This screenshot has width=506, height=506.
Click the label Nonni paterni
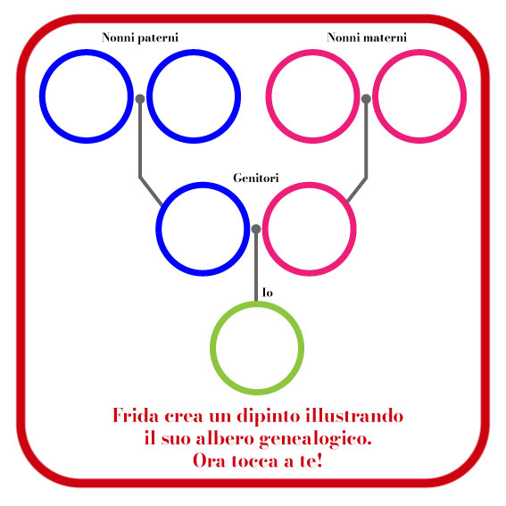point(140,37)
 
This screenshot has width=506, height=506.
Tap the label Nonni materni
point(367,37)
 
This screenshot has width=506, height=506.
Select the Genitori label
point(256,178)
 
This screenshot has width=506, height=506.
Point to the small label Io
point(268,293)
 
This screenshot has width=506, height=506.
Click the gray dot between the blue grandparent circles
point(140,99)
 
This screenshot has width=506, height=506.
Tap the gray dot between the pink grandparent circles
point(366,99)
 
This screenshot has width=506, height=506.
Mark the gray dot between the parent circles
point(256,228)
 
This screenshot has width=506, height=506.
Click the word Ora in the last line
point(209,460)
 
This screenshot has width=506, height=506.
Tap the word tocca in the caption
point(255,461)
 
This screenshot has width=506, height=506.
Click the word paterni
point(158,38)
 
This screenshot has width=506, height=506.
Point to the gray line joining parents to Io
point(256,265)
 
